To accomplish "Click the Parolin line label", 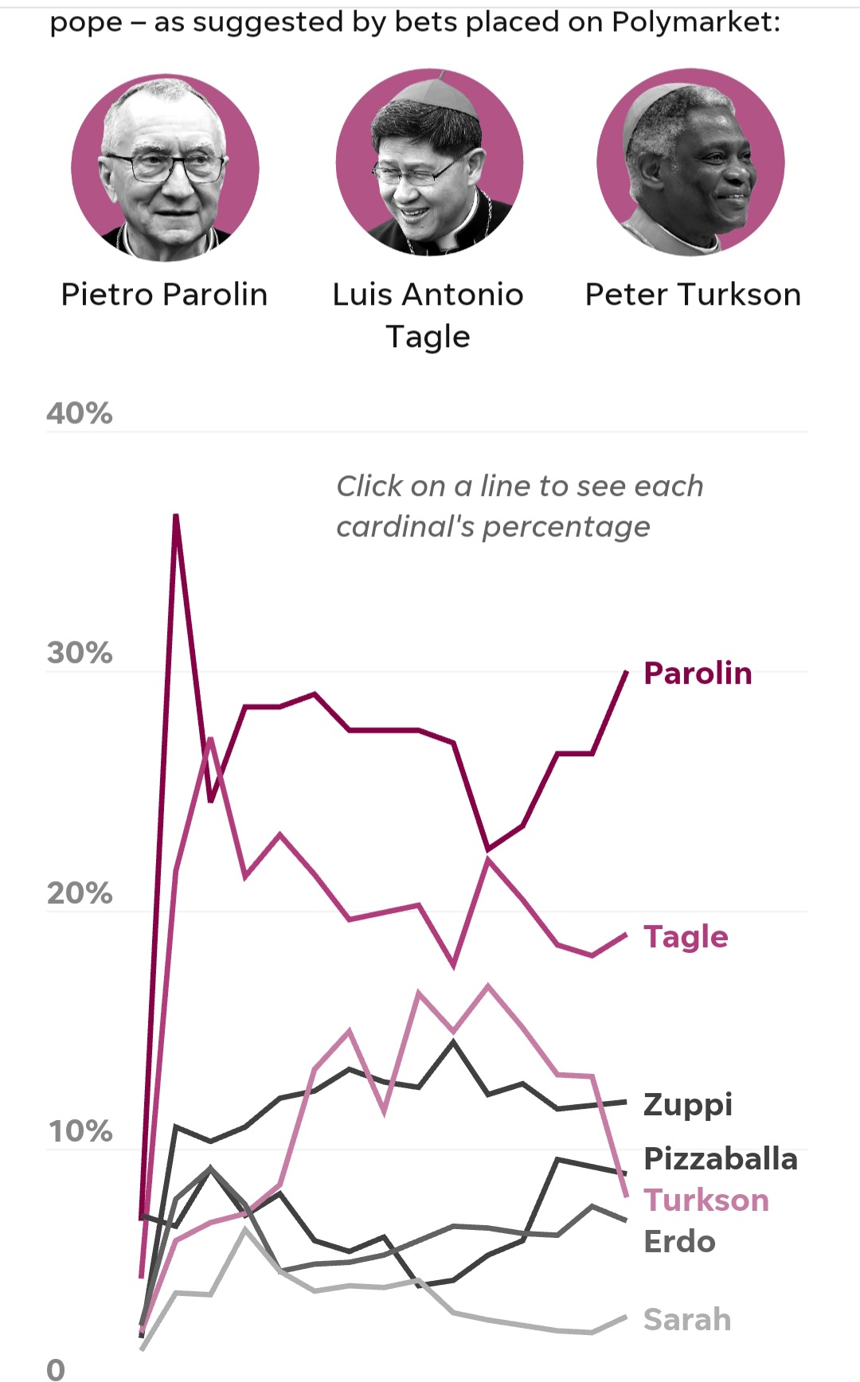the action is coord(698,673).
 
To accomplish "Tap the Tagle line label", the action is coord(686,938).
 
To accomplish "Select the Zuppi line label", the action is coord(688,1106).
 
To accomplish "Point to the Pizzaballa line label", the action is coord(721,1159).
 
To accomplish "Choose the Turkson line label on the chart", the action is coord(706,1200).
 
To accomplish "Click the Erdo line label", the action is coord(679,1242).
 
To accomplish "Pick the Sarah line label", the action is coord(687,1320).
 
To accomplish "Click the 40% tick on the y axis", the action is coord(80,413).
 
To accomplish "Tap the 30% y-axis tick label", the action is coord(80,653).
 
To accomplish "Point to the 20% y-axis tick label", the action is coord(80,893).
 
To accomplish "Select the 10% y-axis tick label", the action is coord(80,1131).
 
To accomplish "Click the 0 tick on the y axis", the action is coord(56,1369).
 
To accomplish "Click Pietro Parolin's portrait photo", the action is coord(165,167).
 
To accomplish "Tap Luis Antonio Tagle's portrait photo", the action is coord(430,163).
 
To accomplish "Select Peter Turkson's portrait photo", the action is coord(691,162).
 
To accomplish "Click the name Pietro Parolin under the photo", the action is coord(165,295).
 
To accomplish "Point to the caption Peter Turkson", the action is coord(693,295).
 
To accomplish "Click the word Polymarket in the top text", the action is coord(691,22).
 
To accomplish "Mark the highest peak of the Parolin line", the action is coord(176,516).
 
